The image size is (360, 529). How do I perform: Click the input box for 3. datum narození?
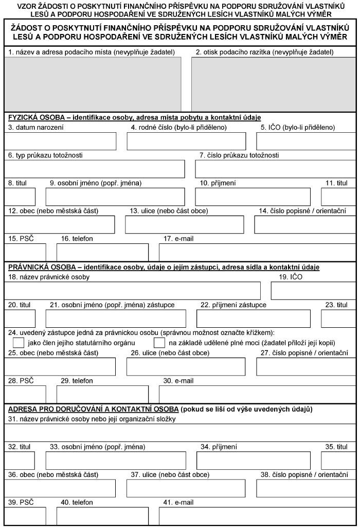coord(61,141)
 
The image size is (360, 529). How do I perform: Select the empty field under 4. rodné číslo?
coord(186,141)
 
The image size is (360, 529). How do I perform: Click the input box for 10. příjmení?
coord(253,197)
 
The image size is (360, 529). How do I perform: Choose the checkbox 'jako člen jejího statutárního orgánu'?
coord(19,342)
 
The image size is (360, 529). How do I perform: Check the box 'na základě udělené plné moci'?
coord(159,342)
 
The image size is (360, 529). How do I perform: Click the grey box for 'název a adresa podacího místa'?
coord(93,83)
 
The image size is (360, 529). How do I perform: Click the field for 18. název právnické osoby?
coord(133,291)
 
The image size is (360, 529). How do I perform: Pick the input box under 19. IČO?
coord(313,291)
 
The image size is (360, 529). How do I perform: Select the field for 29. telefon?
coord(102,394)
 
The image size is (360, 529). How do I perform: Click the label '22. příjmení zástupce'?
coord(233,305)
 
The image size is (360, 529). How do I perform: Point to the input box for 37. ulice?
coord(186,488)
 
